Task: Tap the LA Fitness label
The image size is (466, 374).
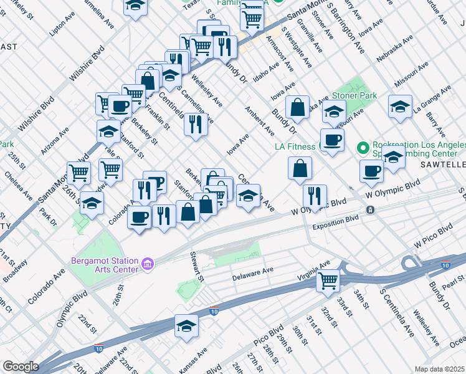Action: (296, 147)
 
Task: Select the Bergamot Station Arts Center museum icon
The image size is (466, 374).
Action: (148, 264)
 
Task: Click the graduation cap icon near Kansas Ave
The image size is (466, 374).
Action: (186, 326)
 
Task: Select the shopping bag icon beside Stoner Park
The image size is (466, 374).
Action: (299, 107)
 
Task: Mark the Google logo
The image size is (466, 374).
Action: (21, 367)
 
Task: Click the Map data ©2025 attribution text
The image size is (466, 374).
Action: (439, 369)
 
